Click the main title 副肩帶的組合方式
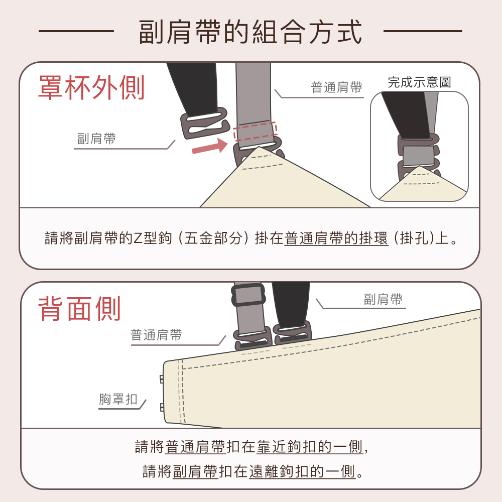click(250, 31)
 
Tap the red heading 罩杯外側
click(91, 87)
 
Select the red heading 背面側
click(79, 308)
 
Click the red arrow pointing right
click(210, 146)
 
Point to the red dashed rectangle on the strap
click(255, 131)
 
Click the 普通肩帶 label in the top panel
click(336, 87)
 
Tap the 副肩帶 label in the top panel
click(96, 139)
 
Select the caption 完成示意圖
click(419, 82)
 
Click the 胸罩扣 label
click(118, 399)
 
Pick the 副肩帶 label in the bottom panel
click(383, 299)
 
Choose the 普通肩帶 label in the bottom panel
click(156, 335)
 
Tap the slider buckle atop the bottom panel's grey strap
click(248, 295)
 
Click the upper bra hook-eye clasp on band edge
click(162, 380)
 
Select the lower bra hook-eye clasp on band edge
click(162, 407)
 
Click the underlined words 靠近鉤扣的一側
click(309, 447)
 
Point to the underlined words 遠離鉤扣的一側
click(302, 471)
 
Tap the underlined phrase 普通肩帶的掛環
click(336, 238)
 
